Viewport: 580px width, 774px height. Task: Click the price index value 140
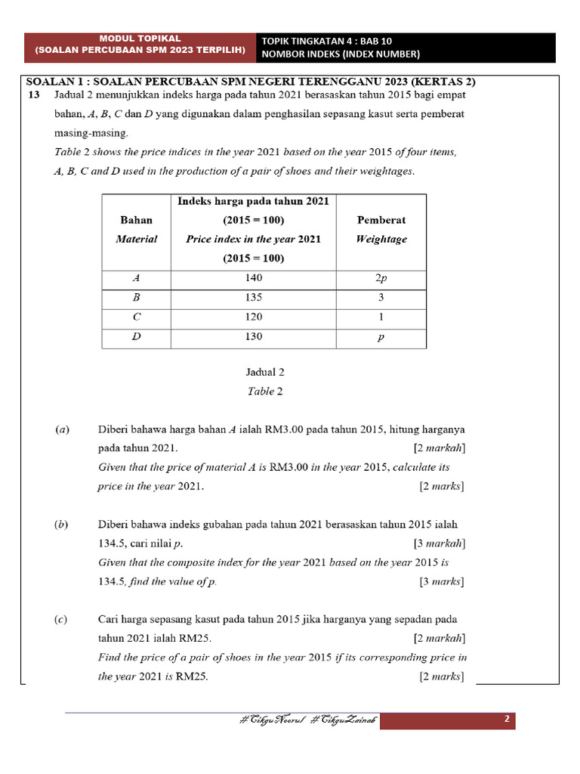point(254,278)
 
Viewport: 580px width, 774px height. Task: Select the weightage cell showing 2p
point(381,278)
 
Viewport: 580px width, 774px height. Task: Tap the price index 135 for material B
point(254,298)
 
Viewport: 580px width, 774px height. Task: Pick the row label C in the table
point(136,317)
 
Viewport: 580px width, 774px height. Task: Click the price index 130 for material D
point(254,337)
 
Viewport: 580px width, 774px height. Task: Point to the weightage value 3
point(381,298)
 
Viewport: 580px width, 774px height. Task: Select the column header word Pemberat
point(381,220)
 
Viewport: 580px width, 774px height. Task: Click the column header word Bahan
point(136,220)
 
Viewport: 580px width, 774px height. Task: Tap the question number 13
point(32,94)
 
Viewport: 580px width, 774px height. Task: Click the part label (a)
point(63,429)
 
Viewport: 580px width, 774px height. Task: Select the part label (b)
point(63,524)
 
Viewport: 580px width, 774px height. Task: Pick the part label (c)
point(62,619)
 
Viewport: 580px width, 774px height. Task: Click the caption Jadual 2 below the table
point(265,372)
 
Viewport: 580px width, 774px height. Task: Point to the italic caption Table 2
point(265,392)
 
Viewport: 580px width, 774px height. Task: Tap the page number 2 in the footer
point(507,720)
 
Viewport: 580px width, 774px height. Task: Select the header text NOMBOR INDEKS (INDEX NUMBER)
point(340,54)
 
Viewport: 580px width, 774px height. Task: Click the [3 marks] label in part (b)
point(442,581)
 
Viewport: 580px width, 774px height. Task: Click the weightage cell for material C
point(381,317)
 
